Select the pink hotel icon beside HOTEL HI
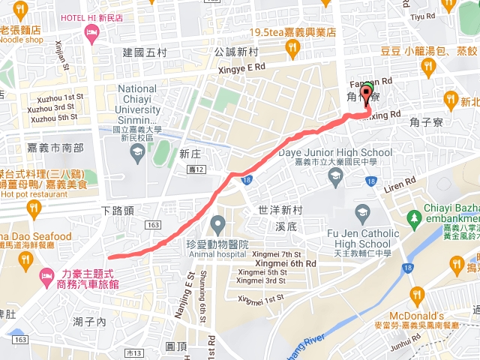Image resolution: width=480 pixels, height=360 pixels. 92,31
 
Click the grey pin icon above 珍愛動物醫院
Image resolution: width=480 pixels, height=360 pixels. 218,223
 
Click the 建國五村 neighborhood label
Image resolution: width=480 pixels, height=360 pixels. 149,52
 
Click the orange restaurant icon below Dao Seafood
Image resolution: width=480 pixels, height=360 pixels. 27,259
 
